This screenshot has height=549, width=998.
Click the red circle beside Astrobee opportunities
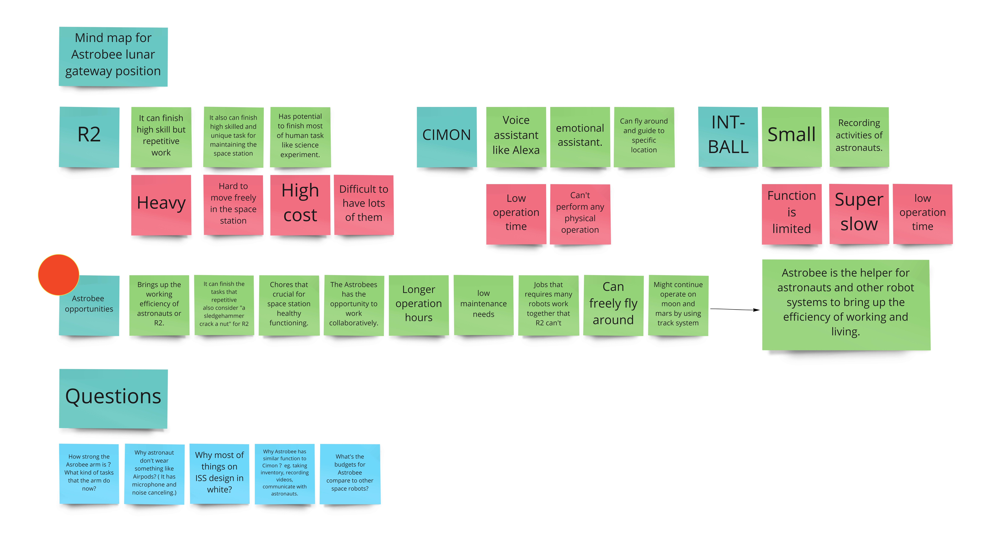click(x=58, y=275)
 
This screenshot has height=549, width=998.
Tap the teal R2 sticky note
click(x=89, y=137)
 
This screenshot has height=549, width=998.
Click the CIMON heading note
click(x=447, y=137)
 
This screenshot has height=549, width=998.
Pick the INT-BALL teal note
click(x=728, y=137)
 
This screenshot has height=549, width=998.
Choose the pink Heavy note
click(x=161, y=205)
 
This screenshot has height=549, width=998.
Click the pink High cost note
click(x=300, y=205)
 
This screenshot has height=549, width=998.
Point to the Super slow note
click(x=859, y=214)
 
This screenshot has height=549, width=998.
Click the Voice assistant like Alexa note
click(x=516, y=137)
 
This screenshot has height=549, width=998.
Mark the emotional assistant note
click(x=580, y=137)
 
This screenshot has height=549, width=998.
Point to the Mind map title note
click(x=113, y=57)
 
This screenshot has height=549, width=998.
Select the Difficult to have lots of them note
click(x=364, y=205)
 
